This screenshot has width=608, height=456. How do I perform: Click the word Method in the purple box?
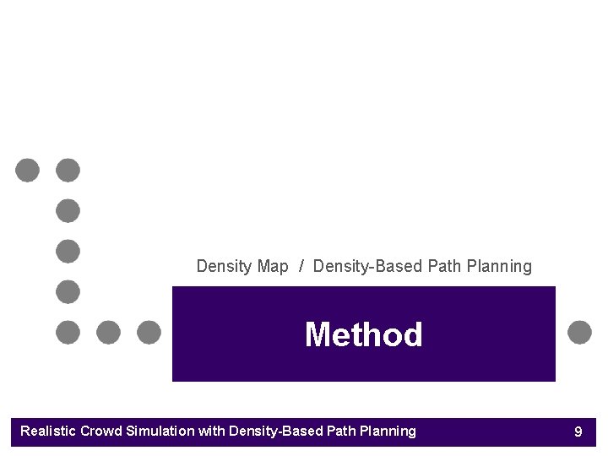pyautogui.click(x=363, y=335)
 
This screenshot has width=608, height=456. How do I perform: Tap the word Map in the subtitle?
pyautogui.click(x=273, y=267)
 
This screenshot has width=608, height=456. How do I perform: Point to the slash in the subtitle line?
pyautogui.click(x=301, y=267)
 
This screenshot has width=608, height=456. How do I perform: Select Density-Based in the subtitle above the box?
pyautogui.click(x=368, y=267)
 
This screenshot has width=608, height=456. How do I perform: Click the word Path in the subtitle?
pyautogui.click(x=444, y=267)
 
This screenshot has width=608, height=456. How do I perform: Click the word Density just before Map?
pyautogui.click(x=224, y=267)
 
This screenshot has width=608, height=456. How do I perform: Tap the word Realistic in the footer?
pyautogui.click(x=48, y=432)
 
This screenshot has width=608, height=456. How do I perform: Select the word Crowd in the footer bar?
pyautogui.click(x=100, y=432)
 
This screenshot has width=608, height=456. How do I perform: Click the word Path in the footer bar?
pyautogui.click(x=341, y=432)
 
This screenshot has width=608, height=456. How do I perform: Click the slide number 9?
pyautogui.click(x=578, y=432)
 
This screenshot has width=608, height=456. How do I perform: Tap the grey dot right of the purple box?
pyautogui.click(x=579, y=332)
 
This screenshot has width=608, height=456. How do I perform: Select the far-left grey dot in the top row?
pyautogui.click(x=27, y=170)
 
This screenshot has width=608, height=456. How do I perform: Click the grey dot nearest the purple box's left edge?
pyautogui.click(x=149, y=332)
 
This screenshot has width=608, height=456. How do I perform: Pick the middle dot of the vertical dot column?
pyautogui.click(x=68, y=251)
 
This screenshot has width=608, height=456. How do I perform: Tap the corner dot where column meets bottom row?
pyautogui.click(x=68, y=332)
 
